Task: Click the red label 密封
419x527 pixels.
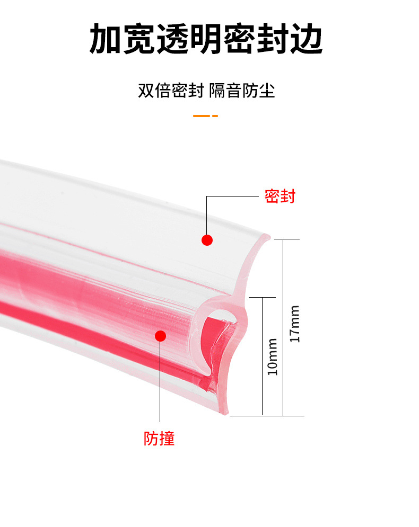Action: (x=280, y=196)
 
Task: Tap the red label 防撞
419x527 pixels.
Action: (x=159, y=438)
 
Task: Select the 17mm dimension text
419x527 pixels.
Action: (x=295, y=324)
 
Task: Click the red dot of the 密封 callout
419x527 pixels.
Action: (x=207, y=240)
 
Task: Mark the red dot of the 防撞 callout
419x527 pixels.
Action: (x=160, y=335)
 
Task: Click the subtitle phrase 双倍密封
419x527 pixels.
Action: (x=171, y=90)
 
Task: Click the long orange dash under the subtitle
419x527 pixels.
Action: (x=201, y=115)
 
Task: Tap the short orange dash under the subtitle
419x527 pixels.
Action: (x=215, y=115)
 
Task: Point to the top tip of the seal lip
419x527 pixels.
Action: (x=268, y=237)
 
